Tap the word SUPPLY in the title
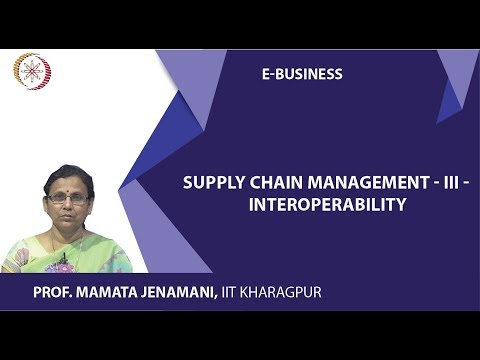coord(208,184)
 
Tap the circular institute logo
coord(32,71)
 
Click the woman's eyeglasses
coord(68,198)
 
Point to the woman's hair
coord(68,174)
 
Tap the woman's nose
coord(68,205)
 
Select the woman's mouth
coord(68,216)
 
